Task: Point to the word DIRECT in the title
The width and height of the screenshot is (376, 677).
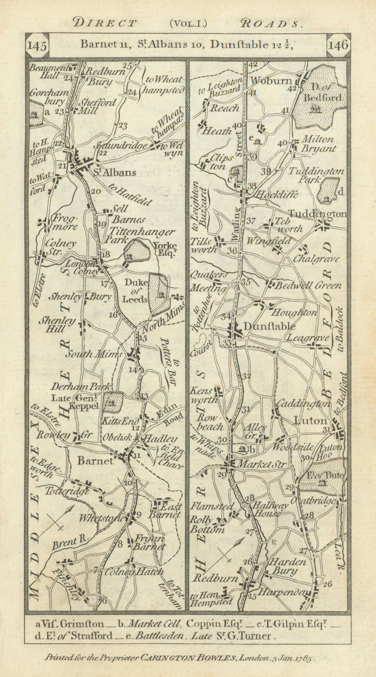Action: point(105,23)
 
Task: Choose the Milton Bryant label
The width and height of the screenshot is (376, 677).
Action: point(318,144)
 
